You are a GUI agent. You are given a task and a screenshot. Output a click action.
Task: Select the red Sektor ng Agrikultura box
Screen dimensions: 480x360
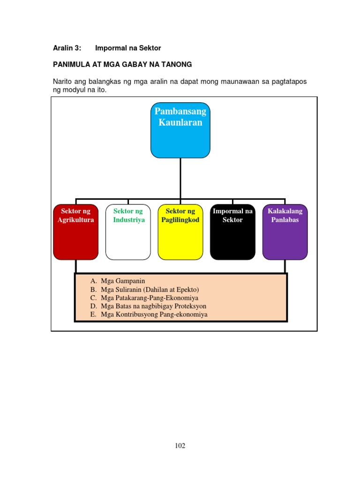click(76, 232)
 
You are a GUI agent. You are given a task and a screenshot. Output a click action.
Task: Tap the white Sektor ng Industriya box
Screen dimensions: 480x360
click(128, 232)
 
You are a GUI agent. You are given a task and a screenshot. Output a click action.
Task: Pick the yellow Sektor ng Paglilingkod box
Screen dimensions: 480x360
click(180, 232)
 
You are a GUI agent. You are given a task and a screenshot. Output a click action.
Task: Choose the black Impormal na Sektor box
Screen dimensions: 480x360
click(232, 232)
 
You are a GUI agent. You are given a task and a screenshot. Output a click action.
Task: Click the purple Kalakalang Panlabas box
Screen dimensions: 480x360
click(285, 232)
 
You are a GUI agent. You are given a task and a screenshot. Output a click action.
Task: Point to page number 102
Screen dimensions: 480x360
click(180, 446)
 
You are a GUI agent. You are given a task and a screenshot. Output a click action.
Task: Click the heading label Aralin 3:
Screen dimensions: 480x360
click(67, 48)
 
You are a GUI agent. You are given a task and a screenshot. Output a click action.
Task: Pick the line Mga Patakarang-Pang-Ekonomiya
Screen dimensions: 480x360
click(150, 298)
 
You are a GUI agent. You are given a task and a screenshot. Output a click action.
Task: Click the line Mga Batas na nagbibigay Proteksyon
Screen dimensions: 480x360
click(153, 306)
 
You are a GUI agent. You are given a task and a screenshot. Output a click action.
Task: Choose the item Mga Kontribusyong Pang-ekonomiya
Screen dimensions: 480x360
click(154, 315)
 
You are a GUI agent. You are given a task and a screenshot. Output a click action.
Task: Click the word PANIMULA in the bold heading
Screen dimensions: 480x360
click(69, 64)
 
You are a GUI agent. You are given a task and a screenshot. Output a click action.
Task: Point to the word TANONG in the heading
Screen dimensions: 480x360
click(179, 64)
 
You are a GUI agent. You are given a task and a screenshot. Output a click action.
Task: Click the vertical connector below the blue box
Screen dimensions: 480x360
click(180, 178)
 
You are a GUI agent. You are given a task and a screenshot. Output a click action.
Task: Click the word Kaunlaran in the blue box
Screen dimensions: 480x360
click(180, 122)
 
